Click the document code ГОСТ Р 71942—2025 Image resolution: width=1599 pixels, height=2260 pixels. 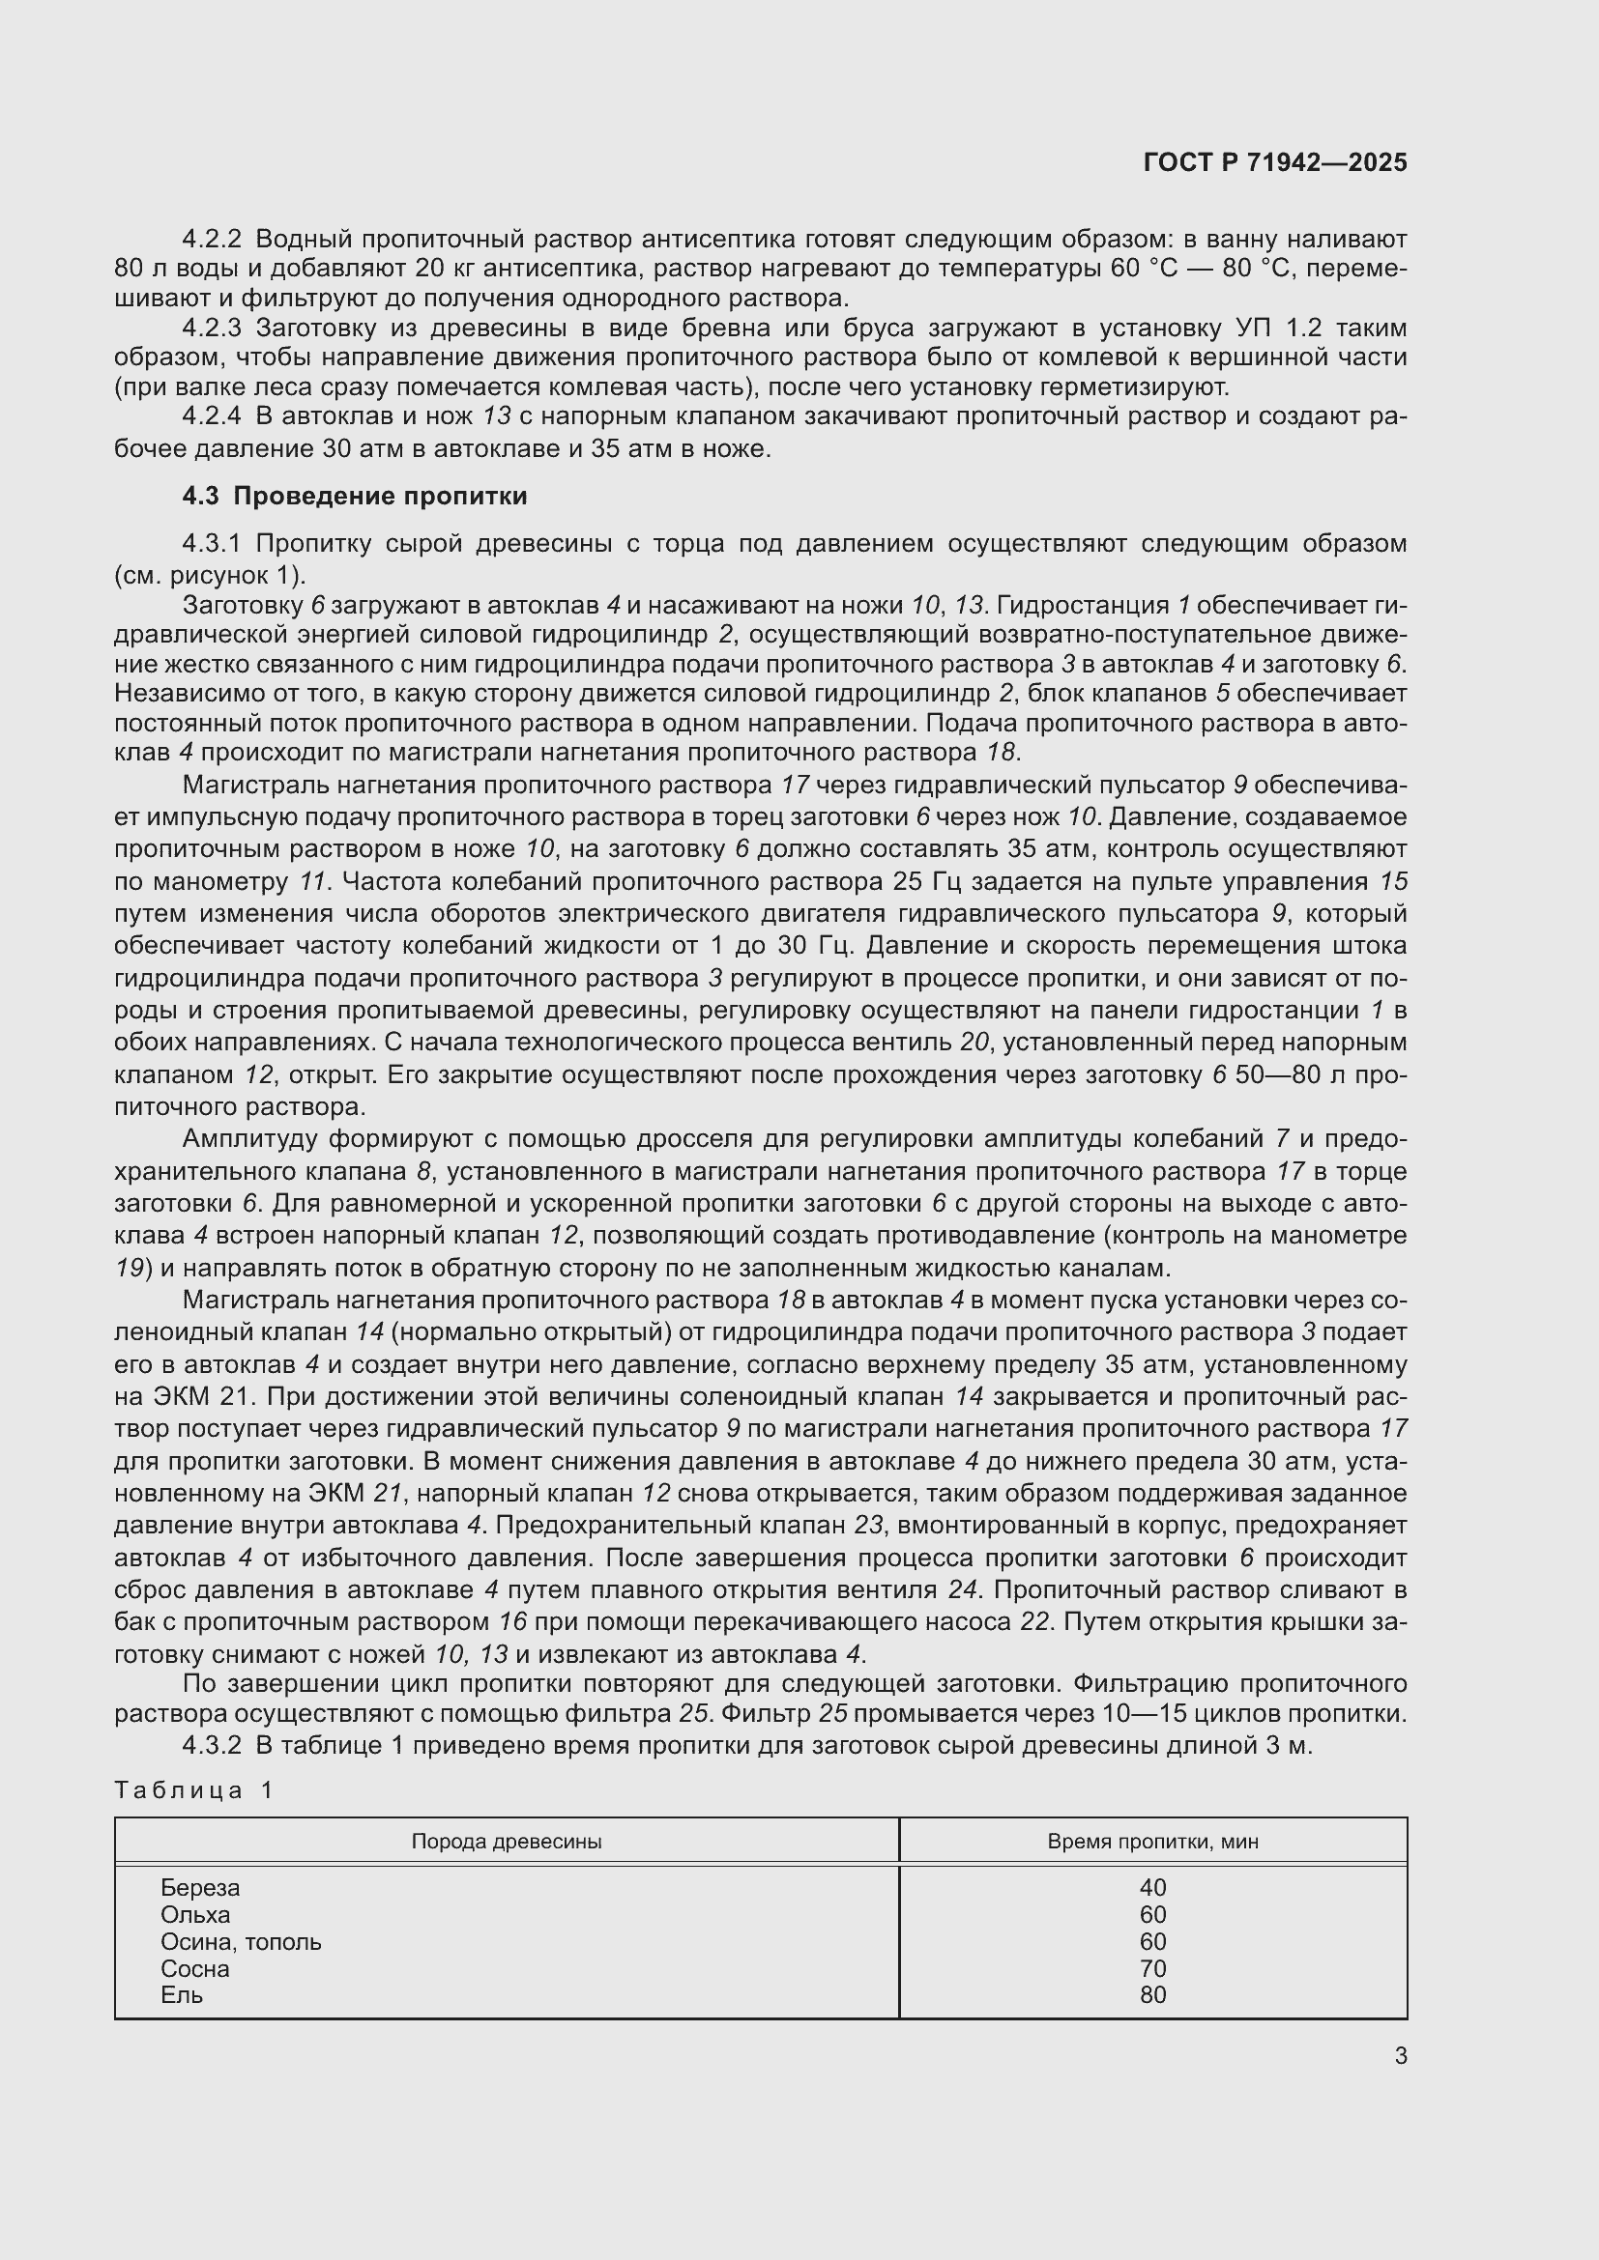tap(1275, 162)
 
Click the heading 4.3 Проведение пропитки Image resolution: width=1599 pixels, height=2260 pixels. tap(355, 496)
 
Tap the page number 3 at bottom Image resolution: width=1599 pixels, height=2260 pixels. tap(1400, 2055)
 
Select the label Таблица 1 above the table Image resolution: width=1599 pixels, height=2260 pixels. tap(193, 1789)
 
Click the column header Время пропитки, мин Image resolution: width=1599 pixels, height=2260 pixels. tap(1152, 1841)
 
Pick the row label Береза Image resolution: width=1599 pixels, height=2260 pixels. tap(200, 1887)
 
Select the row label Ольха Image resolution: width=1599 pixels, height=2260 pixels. tap(195, 1914)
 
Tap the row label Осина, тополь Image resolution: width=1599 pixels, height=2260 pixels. tap(241, 1941)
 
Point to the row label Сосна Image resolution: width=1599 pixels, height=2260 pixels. tap(195, 1968)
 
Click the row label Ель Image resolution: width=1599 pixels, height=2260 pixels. tap(181, 1994)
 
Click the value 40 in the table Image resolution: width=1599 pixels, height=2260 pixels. tap(1152, 1887)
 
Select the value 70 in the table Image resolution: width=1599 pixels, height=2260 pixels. tap(1152, 1968)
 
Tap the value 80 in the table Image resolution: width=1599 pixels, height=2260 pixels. tap(1152, 1994)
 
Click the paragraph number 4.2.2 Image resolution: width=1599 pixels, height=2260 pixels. tap(211, 240)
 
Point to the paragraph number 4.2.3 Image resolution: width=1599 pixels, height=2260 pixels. tap(211, 328)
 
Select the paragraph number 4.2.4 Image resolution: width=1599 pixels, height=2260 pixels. tap(211, 416)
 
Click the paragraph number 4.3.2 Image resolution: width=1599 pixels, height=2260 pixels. tap(211, 1745)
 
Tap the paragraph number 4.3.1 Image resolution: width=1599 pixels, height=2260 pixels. tap(211, 544)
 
